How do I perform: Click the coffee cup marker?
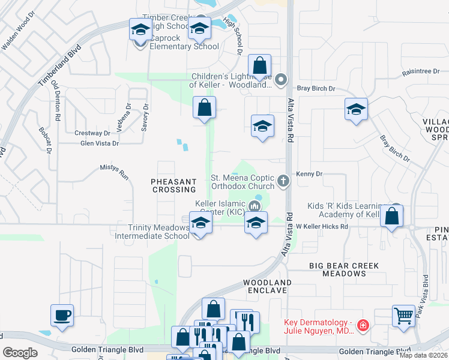click(x=62, y=315)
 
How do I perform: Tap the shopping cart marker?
click(x=403, y=314)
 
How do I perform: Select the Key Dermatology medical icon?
click(x=363, y=326)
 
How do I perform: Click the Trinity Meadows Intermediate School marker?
click(x=200, y=223)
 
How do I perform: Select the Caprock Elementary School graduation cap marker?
click(x=141, y=29)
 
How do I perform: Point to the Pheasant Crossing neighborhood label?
click(x=174, y=185)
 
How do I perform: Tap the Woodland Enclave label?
click(x=267, y=286)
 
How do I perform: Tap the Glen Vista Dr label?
click(x=100, y=143)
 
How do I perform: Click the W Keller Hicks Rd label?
click(x=322, y=226)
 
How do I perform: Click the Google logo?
click(x=20, y=352)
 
